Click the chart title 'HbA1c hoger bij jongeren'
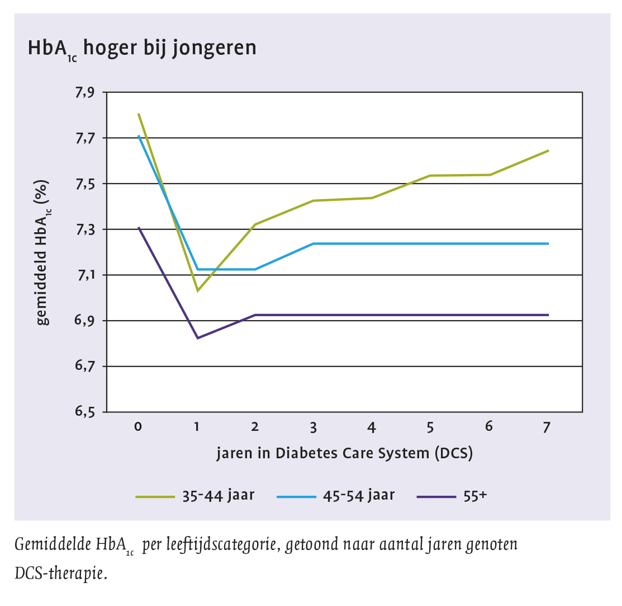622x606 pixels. click(142, 49)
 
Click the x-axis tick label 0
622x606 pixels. click(138, 427)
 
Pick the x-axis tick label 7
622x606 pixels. click(547, 427)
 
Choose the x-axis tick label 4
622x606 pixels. click(372, 427)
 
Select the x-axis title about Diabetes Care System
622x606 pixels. click(345, 453)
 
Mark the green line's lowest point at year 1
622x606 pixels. click(197, 291)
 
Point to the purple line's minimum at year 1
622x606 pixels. click(197, 338)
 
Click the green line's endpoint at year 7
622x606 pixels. click(548, 151)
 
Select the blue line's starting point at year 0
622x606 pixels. click(139, 136)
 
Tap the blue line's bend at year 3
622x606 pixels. click(314, 243)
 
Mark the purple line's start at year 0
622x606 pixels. click(139, 228)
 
